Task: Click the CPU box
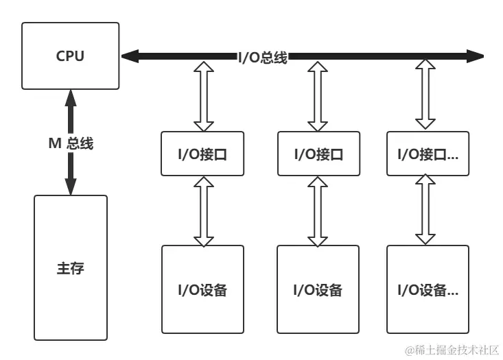click(70, 56)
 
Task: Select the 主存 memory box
click(71, 267)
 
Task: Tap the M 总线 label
click(70, 143)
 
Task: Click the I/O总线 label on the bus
click(262, 58)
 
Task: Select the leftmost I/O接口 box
click(202, 154)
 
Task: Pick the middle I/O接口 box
click(318, 154)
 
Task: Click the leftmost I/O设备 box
click(202, 289)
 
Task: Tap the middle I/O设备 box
click(318, 289)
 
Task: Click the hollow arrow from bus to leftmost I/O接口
click(203, 96)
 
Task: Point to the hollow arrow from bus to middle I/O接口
click(318, 96)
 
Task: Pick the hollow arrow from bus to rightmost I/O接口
click(425, 96)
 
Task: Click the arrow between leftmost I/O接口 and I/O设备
click(203, 211)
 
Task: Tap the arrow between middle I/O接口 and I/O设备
click(318, 211)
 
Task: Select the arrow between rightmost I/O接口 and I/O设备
click(425, 211)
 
